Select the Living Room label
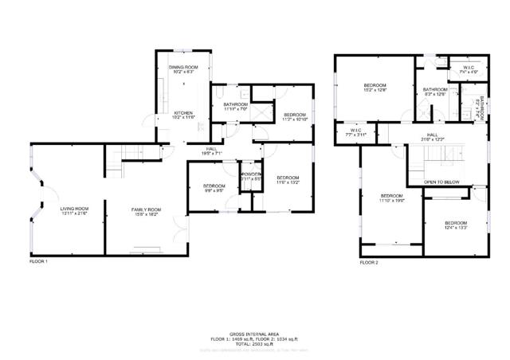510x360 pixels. click(73, 210)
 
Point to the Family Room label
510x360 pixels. click(147, 210)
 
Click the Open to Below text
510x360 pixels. click(441, 182)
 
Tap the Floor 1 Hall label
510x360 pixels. click(212, 149)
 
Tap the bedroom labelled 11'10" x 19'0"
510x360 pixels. click(391, 198)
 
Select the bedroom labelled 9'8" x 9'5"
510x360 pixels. click(214, 188)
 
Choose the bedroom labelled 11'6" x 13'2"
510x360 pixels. click(288, 179)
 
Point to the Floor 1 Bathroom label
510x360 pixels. click(236, 106)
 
